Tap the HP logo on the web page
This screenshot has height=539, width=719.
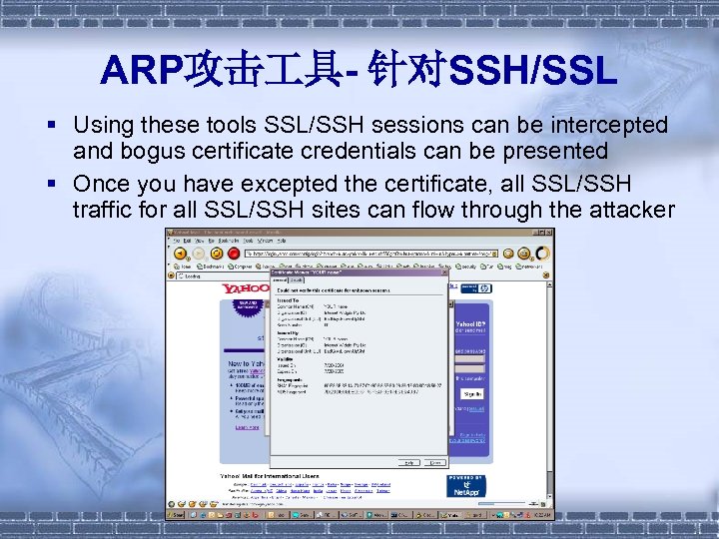[483, 288]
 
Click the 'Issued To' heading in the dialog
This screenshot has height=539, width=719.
[288, 298]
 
